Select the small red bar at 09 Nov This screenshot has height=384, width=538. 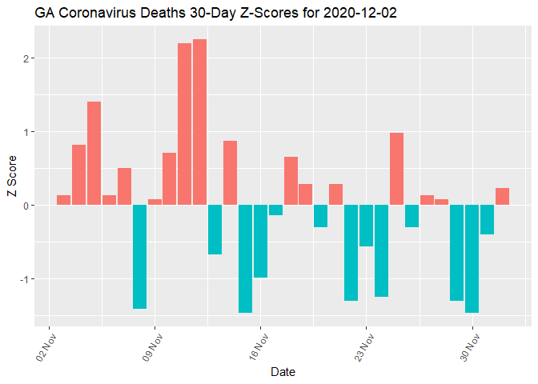click(x=155, y=202)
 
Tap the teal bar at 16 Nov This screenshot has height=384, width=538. click(x=260, y=241)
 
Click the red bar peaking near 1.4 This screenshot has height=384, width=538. click(x=94, y=153)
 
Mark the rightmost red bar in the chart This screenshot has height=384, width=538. click(x=502, y=197)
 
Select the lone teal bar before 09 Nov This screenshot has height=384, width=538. click(x=139, y=256)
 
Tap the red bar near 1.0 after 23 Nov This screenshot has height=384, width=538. click(x=396, y=169)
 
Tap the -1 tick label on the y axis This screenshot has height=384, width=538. click(x=24, y=279)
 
